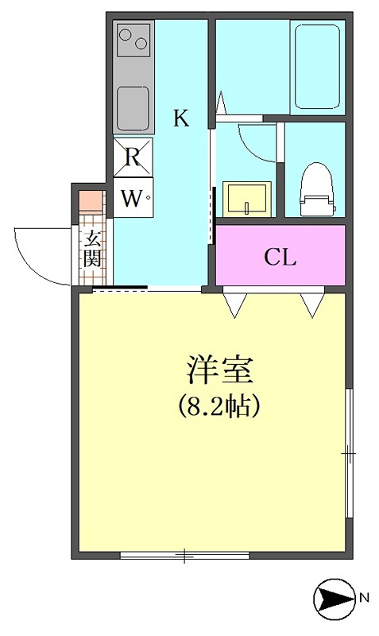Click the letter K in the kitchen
[181, 118]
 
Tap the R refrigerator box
[133, 157]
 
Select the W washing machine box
[133, 197]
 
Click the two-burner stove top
[133, 39]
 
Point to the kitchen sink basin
[133, 107]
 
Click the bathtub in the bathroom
[317, 67]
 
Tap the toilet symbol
[316, 189]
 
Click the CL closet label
[280, 256]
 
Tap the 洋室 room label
[219, 370]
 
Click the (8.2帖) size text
[218, 405]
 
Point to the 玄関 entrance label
[92, 248]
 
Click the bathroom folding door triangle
[221, 104]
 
